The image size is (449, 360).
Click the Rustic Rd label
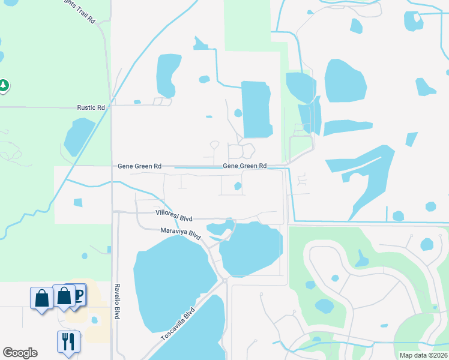coord(91,107)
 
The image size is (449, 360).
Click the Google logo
coord(20,353)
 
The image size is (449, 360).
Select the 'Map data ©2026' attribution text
coord(423,355)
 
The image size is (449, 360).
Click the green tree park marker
coord(4,86)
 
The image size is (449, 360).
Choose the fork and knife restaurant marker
coord(68,341)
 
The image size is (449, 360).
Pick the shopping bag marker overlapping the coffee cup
coord(64,296)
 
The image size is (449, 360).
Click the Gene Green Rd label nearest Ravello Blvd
coord(139,166)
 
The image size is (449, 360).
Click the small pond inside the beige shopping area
coord(94,320)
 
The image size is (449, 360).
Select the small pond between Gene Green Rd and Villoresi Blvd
coord(238,186)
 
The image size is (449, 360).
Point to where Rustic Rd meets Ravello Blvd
coord(112,106)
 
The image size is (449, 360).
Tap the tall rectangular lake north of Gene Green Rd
coord(256,109)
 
